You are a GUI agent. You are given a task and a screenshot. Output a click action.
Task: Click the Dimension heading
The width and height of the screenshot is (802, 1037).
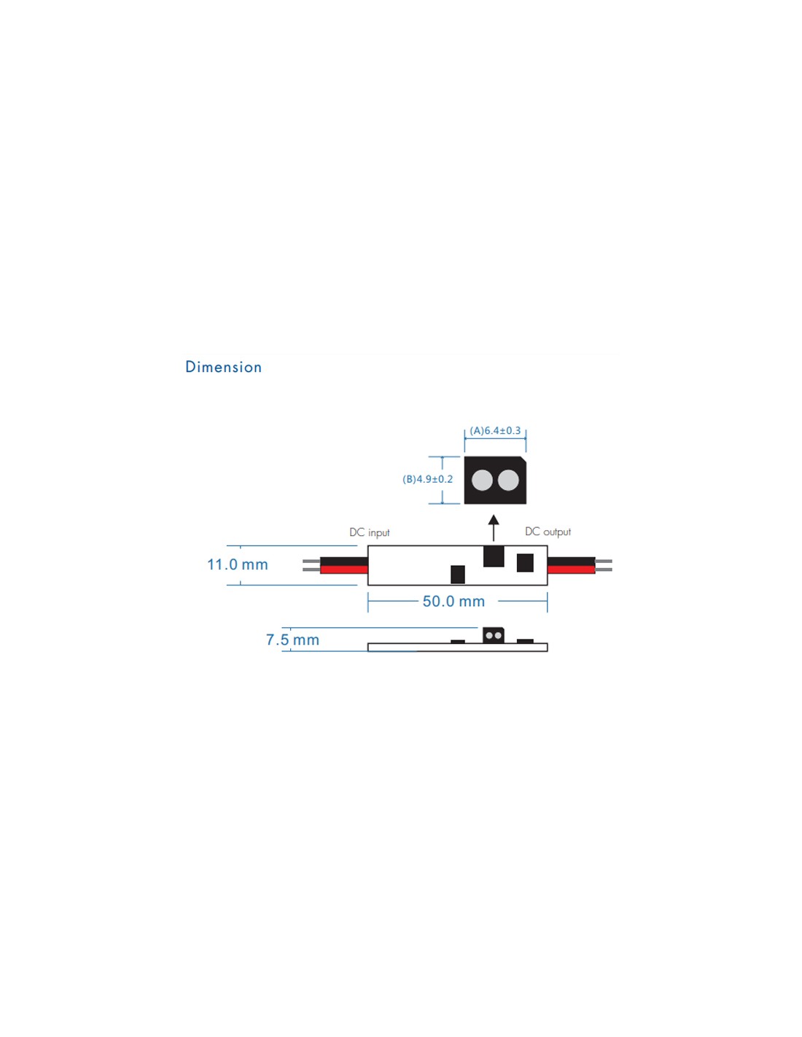223,368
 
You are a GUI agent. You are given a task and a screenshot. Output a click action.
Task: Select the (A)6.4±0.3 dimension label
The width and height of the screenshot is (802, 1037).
495,430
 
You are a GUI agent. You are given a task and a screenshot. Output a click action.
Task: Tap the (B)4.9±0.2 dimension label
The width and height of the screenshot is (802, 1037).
427,479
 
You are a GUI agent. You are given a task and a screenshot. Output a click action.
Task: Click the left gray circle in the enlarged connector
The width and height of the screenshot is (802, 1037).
482,480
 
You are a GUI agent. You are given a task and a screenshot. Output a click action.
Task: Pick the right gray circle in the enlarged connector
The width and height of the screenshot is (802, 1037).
508,480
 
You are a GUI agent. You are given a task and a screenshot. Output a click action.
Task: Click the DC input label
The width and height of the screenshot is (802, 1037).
369,532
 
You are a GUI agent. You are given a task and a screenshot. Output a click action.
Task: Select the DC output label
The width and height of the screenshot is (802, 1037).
548,532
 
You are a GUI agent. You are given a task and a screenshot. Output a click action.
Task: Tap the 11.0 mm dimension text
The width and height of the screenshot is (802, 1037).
237,564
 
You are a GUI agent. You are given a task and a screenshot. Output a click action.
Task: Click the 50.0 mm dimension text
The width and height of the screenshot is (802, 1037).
453,602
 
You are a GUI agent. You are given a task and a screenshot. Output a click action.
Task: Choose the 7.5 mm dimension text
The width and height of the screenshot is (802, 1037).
292,640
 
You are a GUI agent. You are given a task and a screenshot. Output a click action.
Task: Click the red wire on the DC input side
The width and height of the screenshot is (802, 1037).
343,570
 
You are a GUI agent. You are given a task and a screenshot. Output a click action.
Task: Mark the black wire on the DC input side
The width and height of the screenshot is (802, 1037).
343,562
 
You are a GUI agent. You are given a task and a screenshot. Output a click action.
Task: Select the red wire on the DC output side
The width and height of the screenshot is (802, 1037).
571,570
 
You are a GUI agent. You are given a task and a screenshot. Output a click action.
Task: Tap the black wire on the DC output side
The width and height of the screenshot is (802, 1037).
571,562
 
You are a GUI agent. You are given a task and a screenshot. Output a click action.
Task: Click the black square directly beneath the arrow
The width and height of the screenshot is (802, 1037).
494,556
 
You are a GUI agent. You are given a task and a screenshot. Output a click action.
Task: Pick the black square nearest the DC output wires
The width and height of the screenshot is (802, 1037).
525,563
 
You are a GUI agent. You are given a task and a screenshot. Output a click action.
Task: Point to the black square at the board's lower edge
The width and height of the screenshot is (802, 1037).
458,575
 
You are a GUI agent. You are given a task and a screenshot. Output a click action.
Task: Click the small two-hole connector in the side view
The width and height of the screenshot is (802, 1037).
494,636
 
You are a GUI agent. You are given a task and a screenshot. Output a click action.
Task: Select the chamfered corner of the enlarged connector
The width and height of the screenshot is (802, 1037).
523,459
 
